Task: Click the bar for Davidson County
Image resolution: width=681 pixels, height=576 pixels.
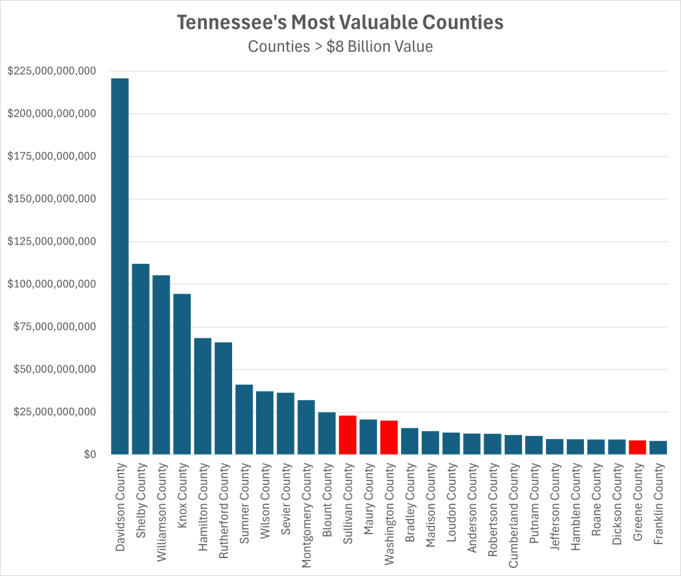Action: pos(120,266)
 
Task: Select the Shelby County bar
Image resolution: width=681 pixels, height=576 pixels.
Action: pos(140,359)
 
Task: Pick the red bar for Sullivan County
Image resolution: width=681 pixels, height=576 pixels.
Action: pos(347,435)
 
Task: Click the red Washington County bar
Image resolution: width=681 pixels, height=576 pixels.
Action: pos(389,438)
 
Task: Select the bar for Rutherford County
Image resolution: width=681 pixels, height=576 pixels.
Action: pos(223,398)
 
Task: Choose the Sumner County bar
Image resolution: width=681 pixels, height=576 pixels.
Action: pos(244,419)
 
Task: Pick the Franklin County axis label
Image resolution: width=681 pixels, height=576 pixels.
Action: pos(658,504)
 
